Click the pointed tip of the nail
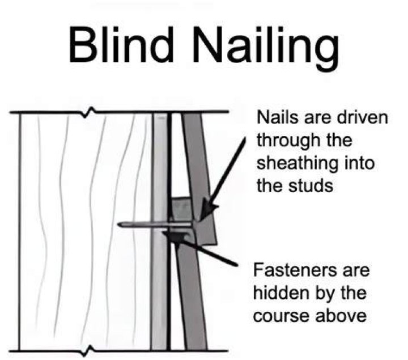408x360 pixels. point(118,225)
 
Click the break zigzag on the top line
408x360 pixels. point(88,112)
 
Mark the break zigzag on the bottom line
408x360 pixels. point(88,350)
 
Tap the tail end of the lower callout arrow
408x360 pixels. point(237,265)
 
